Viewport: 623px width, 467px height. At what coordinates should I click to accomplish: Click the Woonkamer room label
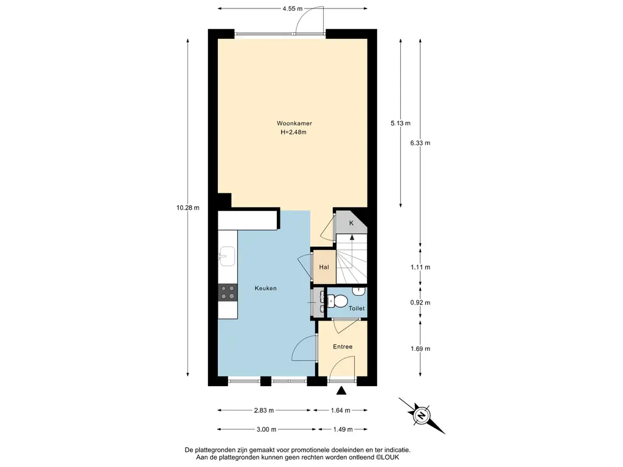coord(294,123)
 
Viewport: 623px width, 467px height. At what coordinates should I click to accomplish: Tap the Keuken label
coord(265,288)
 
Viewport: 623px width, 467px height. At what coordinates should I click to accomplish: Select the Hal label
coord(324,268)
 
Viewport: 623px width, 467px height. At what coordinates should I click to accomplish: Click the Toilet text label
coord(357,308)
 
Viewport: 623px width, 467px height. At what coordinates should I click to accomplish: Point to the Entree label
coord(343,347)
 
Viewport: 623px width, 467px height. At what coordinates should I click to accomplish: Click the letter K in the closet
coord(351,223)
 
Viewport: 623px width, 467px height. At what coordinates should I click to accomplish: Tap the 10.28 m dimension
coord(188,208)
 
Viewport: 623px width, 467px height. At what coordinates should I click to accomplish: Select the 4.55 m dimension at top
coord(293,9)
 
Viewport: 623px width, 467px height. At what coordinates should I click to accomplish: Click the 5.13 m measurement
coord(400,123)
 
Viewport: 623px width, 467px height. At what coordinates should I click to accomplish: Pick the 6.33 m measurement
coord(420,143)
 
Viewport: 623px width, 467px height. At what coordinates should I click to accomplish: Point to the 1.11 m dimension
coord(420,268)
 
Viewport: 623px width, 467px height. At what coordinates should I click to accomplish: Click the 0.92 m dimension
coord(420,303)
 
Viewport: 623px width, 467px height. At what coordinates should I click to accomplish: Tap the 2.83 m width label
coord(264,410)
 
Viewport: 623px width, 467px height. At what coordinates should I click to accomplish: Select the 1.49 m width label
coord(343,429)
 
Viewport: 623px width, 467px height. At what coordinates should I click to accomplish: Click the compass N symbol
coord(422,416)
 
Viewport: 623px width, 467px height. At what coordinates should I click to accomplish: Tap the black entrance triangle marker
coord(341,391)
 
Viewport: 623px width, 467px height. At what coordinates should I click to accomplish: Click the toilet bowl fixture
coord(336,302)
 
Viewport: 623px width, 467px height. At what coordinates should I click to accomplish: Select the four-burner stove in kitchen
coord(228,292)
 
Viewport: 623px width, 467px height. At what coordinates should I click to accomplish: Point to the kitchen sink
coord(227,256)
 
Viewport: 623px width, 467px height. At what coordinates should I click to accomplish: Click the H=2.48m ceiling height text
coord(294,133)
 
